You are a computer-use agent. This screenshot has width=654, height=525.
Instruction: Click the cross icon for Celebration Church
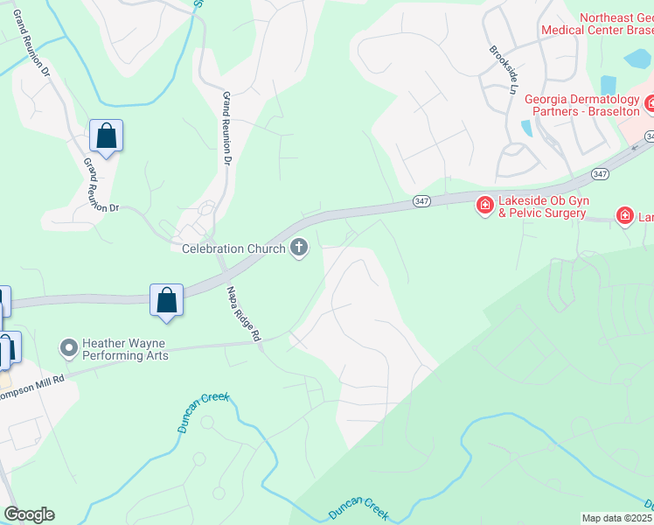point(299,248)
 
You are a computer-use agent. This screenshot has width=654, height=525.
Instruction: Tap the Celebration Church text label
point(233,249)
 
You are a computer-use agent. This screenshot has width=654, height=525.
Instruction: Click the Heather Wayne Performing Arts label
point(124,350)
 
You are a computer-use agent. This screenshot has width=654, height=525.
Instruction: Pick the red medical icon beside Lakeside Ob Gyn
point(484,206)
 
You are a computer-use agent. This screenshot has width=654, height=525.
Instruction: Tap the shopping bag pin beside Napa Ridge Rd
point(166,300)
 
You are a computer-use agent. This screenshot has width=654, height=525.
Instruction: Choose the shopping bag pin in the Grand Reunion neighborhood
point(106,136)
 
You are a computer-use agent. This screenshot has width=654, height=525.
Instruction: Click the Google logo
point(29,514)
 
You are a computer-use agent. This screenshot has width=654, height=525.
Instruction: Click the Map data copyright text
point(617,518)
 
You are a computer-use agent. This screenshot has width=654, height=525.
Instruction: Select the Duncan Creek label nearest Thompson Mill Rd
point(202,410)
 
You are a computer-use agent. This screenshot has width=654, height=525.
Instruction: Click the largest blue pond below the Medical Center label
point(638,59)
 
